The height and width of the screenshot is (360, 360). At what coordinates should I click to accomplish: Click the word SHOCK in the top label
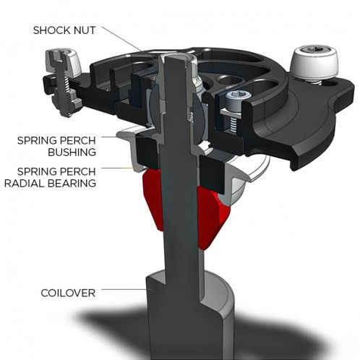pyautogui.click(x=51, y=30)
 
